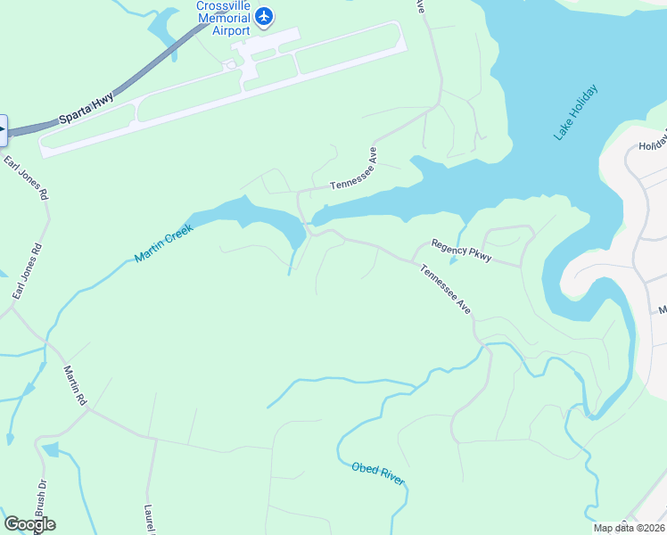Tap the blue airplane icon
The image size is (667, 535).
pos(264,15)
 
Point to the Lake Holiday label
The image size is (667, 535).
pos(575,112)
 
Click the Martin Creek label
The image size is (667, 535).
pos(164,242)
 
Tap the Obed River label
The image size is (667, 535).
pos(378,473)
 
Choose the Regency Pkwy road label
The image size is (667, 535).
pos(461,250)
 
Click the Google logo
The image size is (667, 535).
pos(29,524)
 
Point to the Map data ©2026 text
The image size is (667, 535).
pos(629,528)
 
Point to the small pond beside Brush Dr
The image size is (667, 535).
pos(49,449)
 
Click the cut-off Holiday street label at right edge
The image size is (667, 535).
pos(652,144)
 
